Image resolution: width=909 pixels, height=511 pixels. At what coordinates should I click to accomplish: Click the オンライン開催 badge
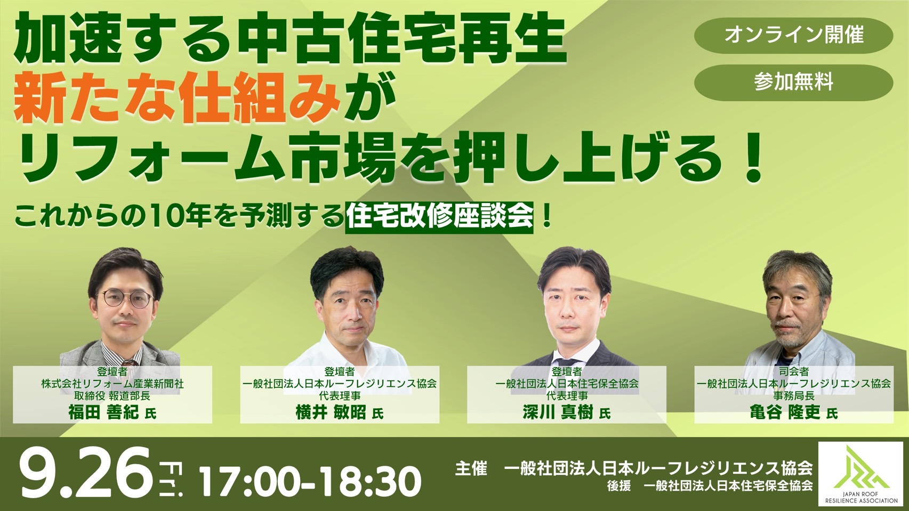click(793, 35)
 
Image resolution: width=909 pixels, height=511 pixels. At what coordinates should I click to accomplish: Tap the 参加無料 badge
click(793, 83)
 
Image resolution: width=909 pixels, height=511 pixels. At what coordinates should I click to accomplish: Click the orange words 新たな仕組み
click(177, 98)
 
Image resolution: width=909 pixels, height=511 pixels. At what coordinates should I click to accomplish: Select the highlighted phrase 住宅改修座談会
click(439, 217)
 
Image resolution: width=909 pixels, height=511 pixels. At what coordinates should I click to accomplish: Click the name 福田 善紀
click(103, 412)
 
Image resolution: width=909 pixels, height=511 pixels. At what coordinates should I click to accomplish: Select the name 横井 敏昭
click(331, 412)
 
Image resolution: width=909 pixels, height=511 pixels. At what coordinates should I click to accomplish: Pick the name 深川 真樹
click(558, 412)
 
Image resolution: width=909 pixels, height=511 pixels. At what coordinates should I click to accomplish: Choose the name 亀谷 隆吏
click(785, 412)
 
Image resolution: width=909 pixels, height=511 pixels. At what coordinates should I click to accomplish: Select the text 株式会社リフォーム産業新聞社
click(112, 384)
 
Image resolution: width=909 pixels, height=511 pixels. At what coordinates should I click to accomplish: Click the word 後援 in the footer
click(619, 486)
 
